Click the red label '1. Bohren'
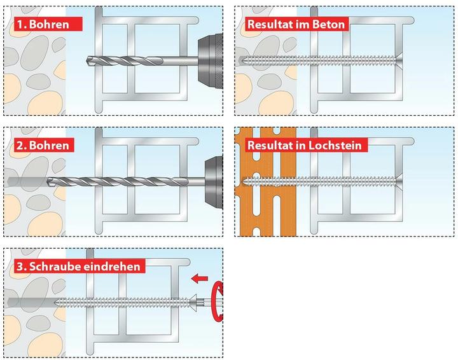pyautogui.click(x=48, y=24)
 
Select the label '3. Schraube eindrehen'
pyautogui.click(x=78, y=266)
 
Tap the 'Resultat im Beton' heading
pyautogui.click(x=296, y=24)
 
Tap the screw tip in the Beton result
pyautogui.click(x=242, y=60)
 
